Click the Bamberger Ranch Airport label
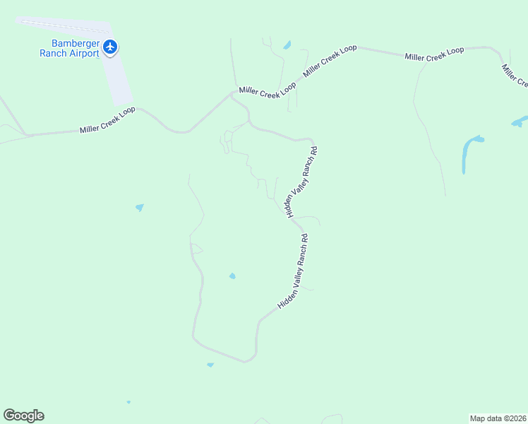pos(69,48)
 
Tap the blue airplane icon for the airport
pos(109,47)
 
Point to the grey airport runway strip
pos(120,78)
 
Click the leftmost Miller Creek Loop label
pos(107,121)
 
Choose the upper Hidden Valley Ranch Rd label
pos(301,181)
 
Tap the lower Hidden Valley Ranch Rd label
pos(294,271)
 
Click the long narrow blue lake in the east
pos(469,151)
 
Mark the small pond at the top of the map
pos(287,45)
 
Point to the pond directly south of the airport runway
pos(139,208)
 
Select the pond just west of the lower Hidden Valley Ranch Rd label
pos(232,276)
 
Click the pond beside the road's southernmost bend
pos(210,365)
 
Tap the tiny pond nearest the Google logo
pos(128,402)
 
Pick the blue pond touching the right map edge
pos(520,122)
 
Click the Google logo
pos(23,416)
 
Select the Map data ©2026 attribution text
pos(498,418)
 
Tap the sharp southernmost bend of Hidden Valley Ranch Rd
pos(247,361)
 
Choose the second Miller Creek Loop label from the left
pos(268,90)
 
